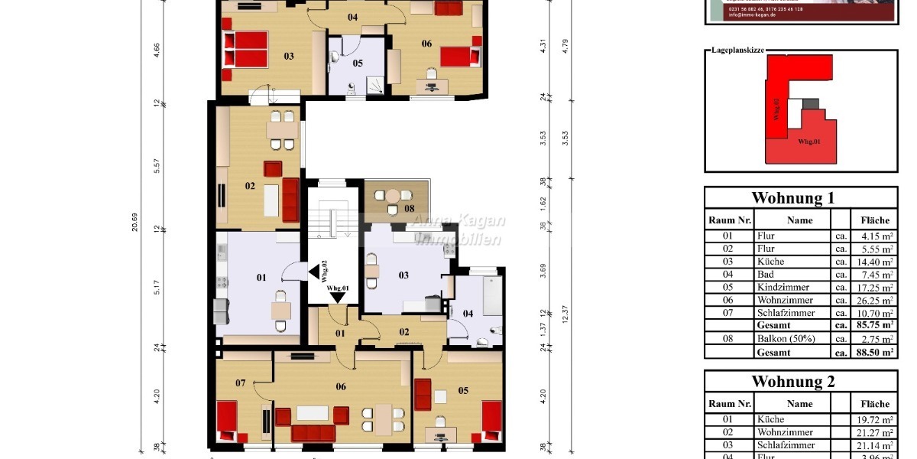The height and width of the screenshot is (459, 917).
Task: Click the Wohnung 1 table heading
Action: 801,197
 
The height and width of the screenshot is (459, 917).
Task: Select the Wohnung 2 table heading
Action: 801,381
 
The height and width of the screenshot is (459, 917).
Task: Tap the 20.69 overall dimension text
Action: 134,222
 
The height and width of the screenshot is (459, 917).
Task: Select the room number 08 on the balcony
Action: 410,208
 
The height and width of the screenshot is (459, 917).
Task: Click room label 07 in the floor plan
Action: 240,382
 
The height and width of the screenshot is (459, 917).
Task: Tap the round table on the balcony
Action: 392,196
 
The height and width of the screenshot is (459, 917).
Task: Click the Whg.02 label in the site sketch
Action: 776,110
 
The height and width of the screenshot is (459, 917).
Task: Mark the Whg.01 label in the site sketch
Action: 810,142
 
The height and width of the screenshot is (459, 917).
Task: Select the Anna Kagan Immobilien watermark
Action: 458,229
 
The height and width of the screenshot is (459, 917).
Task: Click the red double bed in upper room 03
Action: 245,47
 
